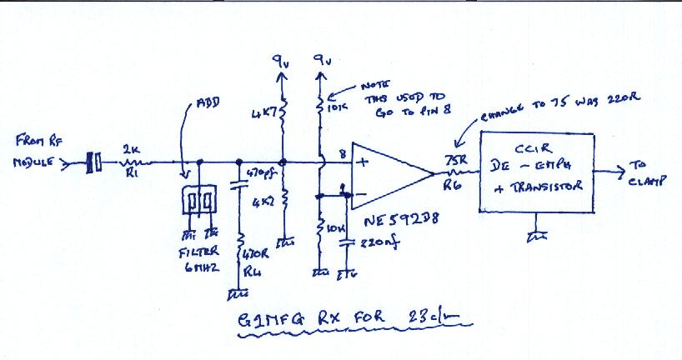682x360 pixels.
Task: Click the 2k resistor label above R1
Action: click(x=131, y=149)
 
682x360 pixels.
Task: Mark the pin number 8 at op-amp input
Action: click(x=341, y=152)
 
